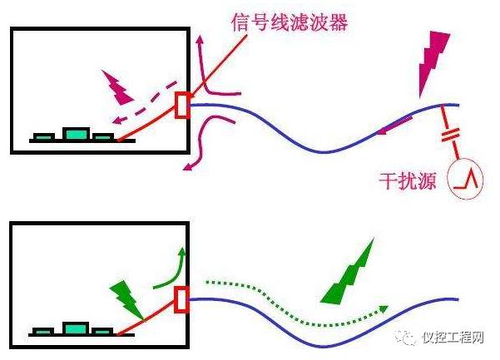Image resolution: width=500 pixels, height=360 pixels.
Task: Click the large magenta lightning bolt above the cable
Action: point(436,57)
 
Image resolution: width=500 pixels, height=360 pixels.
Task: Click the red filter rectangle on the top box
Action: point(182,106)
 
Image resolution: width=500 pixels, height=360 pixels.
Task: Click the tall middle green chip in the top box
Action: point(77,133)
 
